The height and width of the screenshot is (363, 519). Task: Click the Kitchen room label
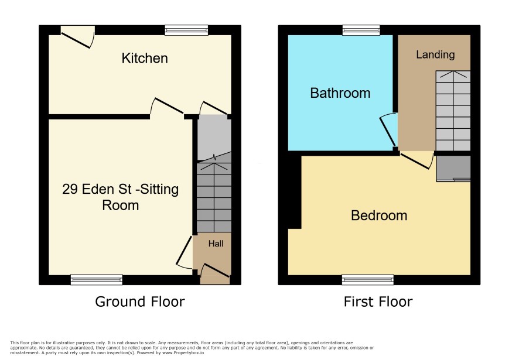[x=145, y=58]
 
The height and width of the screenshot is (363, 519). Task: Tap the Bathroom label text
[x=340, y=93]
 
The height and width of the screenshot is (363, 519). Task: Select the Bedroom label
[x=379, y=215]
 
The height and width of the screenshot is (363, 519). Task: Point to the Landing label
[x=435, y=54]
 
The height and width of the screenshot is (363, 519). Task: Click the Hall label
[x=216, y=244]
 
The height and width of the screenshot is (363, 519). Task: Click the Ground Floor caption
[x=139, y=302]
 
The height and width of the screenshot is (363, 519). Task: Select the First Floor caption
[x=378, y=302]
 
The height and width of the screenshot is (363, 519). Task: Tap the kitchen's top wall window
[x=187, y=30]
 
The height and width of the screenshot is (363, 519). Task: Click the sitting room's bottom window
[x=97, y=280]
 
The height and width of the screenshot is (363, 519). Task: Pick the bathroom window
[x=361, y=30]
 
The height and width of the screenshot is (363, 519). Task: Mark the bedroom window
[x=368, y=280]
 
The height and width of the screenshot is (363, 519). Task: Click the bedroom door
[x=416, y=160]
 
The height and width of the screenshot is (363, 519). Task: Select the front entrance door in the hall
[x=215, y=273]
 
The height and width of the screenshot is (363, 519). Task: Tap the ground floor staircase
[x=214, y=197]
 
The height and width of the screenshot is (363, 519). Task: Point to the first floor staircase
[x=453, y=111]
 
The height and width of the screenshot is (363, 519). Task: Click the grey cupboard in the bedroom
[x=453, y=169]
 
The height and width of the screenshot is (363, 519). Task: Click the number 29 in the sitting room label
[x=70, y=189]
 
